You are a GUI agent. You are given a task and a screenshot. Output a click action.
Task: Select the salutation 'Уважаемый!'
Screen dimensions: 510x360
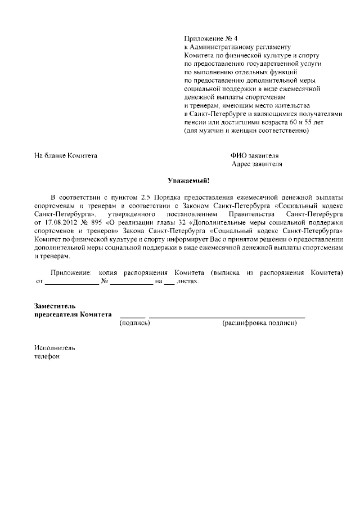189,181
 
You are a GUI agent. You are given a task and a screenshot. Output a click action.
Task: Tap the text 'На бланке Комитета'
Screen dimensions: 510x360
66,155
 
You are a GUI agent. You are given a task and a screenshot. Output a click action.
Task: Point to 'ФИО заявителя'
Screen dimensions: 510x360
254,155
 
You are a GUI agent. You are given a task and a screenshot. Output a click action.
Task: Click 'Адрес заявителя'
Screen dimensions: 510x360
256,164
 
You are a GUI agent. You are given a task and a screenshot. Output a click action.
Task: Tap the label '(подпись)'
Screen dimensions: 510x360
134,323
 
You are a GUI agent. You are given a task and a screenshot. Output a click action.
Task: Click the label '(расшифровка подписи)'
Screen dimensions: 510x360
259,323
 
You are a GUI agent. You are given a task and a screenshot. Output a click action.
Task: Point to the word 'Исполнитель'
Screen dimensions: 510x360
55,347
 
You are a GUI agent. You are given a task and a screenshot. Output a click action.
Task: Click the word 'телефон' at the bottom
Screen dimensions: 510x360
47,356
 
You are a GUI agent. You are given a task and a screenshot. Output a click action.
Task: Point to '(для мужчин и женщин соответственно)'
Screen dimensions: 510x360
246,131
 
